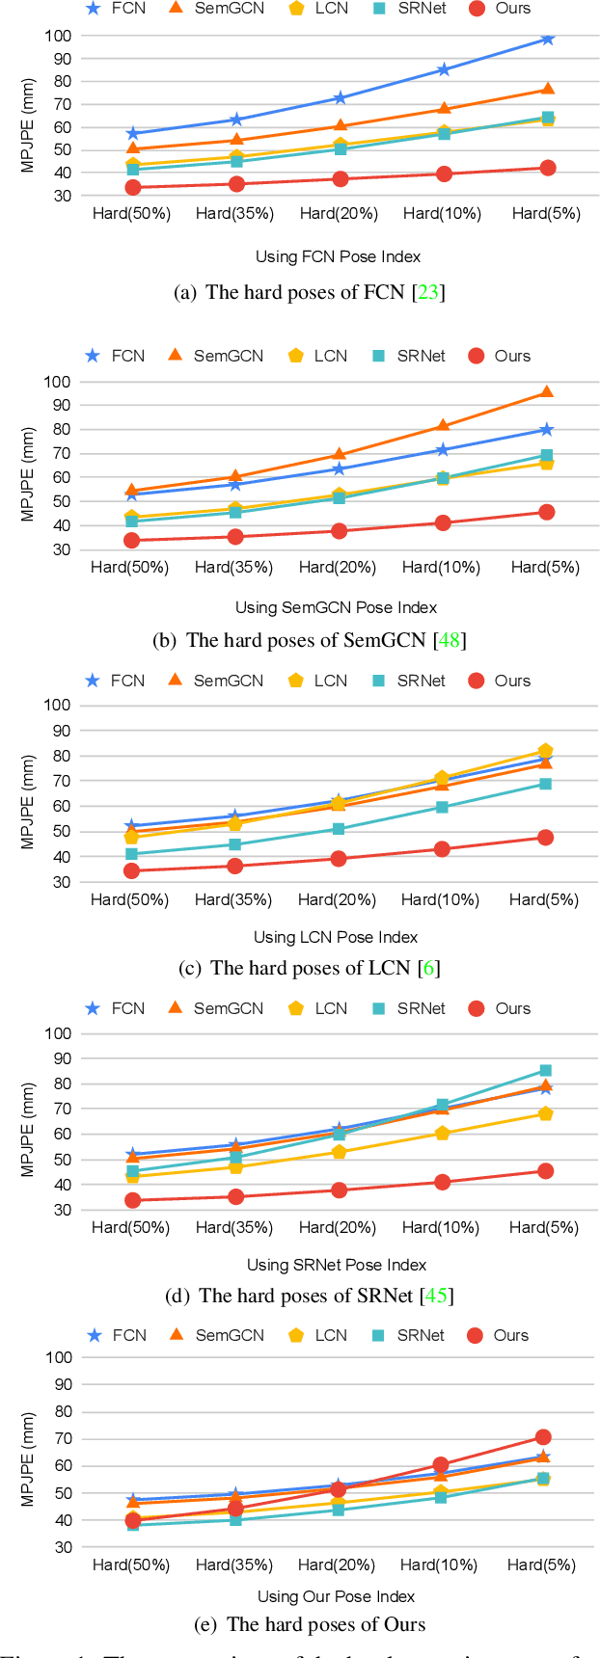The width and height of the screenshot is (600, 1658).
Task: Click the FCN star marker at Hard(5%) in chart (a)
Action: pyautogui.click(x=547, y=39)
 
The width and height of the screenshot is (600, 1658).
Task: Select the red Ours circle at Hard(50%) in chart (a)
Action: pyautogui.click(x=132, y=188)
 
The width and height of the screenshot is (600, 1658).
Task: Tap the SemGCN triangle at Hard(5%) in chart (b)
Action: pyautogui.click(x=546, y=392)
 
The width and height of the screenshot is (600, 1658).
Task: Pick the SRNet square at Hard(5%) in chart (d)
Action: pyautogui.click(x=546, y=1071)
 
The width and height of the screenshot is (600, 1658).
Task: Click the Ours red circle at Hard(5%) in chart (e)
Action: pyautogui.click(x=543, y=1437)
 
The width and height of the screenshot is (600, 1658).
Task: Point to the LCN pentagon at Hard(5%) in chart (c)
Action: pyautogui.click(x=545, y=751)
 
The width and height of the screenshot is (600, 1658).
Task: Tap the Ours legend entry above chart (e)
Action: pyautogui.click(x=498, y=1335)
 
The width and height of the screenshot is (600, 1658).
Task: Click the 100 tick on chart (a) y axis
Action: pyautogui.click(x=58, y=36)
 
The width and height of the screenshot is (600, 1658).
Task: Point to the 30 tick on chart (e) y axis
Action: pyautogui.click(x=63, y=1547)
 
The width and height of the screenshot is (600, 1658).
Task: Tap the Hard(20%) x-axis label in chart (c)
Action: pyautogui.click(x=337, y=899)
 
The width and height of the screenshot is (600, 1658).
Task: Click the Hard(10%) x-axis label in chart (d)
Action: pyautogui.click(x=440, y=1227)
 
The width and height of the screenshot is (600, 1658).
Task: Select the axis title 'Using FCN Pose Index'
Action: pyautogui.click(x=338, y=256)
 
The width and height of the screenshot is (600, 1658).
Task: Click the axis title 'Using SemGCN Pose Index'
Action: pyautogui.click(x=336, y=607)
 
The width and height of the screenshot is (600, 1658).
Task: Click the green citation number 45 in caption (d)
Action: pyautogui.click(x=436, y=1296)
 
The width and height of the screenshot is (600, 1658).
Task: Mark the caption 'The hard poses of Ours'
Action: pyautogui.click(x=325, y=1624)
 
